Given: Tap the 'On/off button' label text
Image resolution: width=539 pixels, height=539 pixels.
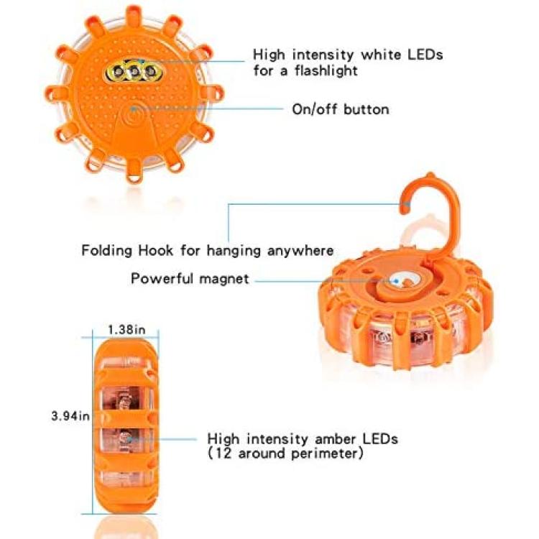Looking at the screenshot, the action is pyautogui.click(x=341, y=109).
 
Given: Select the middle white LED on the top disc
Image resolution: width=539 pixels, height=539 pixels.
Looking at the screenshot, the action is pyautogui.click(x=134, y=72).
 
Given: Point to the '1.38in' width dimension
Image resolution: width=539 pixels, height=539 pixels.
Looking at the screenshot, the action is pyautogui.click(x=126, y=330).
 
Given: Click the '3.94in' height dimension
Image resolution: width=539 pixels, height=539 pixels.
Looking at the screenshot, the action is pyautogui.click(x=70, y=416).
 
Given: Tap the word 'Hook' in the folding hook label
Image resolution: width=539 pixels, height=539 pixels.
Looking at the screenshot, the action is pyautogui.click(x=156, y=250).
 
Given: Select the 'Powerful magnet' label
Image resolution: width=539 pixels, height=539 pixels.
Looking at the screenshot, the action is pyautogui.click(x=190, y=278).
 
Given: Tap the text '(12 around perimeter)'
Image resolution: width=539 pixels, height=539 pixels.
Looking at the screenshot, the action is pyautogui.click(x=285, y=453).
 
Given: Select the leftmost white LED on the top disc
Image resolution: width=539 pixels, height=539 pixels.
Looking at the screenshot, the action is pyautogui.click(x=119, y=72).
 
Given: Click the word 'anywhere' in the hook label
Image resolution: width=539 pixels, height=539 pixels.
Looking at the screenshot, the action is pyautogui.click(x=300, y=251).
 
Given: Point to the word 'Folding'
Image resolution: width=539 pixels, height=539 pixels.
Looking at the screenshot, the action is pyautogui.click(x=106, y=251).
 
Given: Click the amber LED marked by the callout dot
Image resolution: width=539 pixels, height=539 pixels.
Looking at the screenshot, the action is pyautogui.click(x=123, y=438).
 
